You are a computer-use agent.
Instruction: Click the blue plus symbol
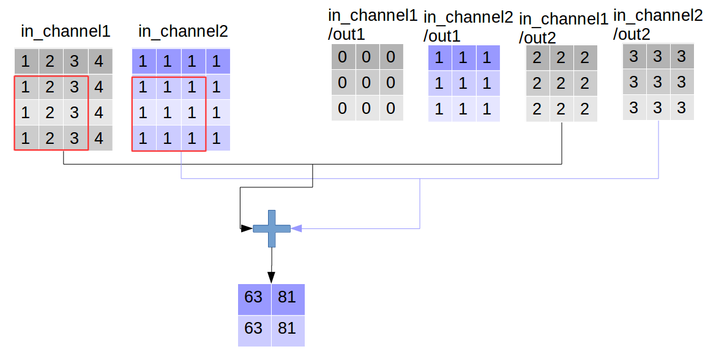(x=272, y=228)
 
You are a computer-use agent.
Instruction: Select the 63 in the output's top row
(x=253, y=298)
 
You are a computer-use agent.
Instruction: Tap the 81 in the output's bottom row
(x=287, y=328)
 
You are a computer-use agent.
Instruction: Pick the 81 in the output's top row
(x=287, y=298)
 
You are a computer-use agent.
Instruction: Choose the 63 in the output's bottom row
(x=253, y=328)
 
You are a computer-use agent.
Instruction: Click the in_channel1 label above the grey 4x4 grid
(x=65, y=31)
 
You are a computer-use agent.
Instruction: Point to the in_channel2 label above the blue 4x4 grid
(x=183, y=31)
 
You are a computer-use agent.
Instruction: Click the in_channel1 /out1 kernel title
(x=373, y=25)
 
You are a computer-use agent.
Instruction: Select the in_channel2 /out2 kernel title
(x=658, y=25)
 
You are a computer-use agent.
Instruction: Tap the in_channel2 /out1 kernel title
(x=468, y=26)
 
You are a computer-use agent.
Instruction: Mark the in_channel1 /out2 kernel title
(x=564, y=28)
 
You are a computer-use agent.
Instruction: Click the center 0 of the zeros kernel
(x=366, y=83)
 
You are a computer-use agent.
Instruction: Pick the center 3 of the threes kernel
(x=657, y=82)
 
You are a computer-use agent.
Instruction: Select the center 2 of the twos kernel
(x=561, y=84)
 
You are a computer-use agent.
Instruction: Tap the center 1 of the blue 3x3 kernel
(x=463, y=83)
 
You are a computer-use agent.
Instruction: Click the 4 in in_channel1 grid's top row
(x=99, y=61)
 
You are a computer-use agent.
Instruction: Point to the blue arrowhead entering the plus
(x=296, y=228)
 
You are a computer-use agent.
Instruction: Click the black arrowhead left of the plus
(x=247, y=228)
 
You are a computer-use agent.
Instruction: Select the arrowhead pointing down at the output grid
(x=271, y=278)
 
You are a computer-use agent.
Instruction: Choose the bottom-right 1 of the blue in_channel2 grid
(x=217, y=138)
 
